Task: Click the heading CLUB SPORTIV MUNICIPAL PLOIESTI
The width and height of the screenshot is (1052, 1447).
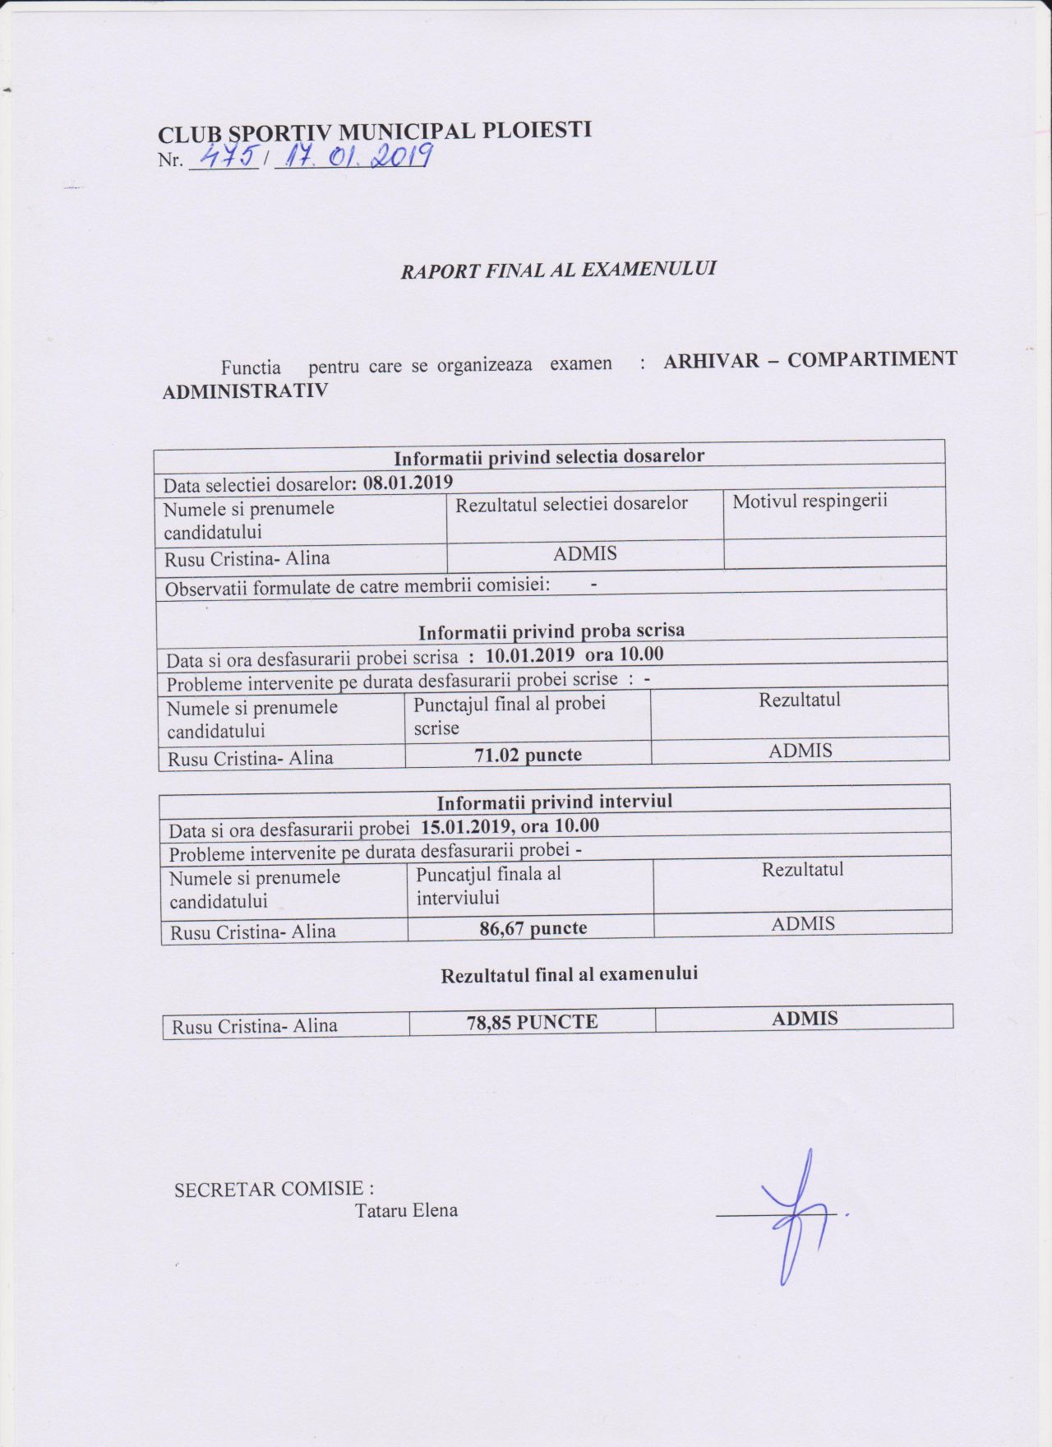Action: pyautogui.click(x=375, y=132)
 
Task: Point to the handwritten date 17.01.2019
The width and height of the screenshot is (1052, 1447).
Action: pyautogui.click(x=354, y=154)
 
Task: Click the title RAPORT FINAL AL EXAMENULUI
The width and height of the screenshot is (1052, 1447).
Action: pyautogui.click(x=558, y=269)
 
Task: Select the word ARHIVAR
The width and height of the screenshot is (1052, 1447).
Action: pyautogui.click(x=711, y=360)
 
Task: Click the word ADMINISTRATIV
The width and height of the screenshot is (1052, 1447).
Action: pyautogui.click(x=245, y=391)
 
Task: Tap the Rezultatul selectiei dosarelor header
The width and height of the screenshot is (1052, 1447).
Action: pyautogui.click(x=571, y=502)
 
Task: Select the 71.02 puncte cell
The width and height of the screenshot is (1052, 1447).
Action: pyautogui.click(x=528, y=754)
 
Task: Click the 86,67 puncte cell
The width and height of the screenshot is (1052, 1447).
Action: pyautogui.click(x=533, y=928)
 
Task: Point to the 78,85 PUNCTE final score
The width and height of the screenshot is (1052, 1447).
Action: pyautogui.click(x=532, y=1022)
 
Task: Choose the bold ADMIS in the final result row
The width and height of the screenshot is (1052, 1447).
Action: pyautogui.click(x=805, y=1019)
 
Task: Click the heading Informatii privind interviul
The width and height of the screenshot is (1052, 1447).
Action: pyautogui.click(x=555, y=802)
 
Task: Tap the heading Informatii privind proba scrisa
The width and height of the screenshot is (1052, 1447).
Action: pyautogui.click(x=551, y=631)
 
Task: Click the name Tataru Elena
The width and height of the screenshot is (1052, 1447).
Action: pyautogui.click(x=406, y=1210)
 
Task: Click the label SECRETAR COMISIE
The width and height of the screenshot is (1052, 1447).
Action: pyautogui.click(x=274, y=1189)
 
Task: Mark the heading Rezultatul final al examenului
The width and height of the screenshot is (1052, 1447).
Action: pyautogui.click(x=569, y=975)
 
